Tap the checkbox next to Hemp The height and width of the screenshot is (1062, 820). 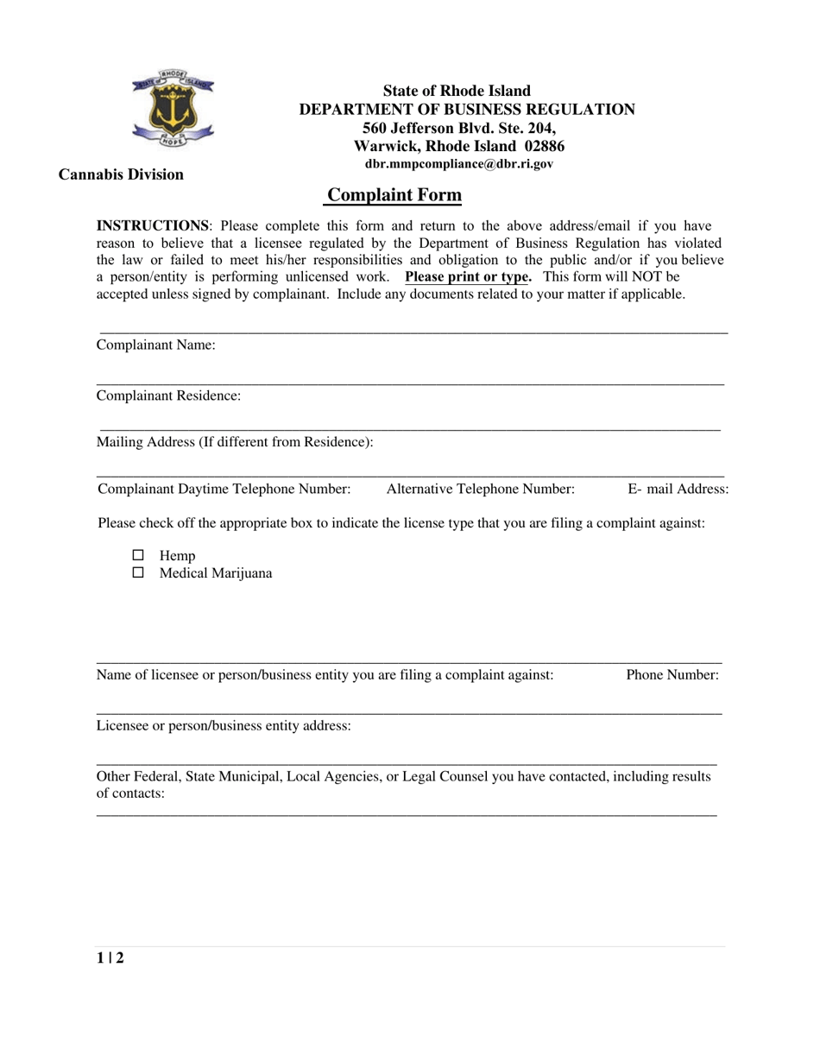coord(138,555)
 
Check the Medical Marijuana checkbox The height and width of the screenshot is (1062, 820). coord(138,572)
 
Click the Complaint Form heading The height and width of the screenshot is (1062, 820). coord(394,195)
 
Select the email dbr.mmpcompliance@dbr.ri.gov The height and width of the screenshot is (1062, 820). coord(459,162)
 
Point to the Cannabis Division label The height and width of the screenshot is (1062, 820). coord(121,174)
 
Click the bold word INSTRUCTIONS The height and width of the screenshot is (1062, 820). coord(152,226)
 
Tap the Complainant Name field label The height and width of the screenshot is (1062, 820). coord(155,345)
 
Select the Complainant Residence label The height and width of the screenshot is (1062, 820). coord(168,395)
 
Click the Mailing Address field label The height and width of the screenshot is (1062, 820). coord(235,442)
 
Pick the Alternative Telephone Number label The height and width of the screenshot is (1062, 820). coord(481,490)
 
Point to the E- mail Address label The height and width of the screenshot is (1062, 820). coord(678,490)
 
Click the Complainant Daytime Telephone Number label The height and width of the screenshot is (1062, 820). coord(224,490)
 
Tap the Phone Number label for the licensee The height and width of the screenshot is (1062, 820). coord(672,675)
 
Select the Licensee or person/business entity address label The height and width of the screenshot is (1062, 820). coord(224,725)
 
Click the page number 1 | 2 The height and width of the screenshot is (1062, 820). coord(110,958)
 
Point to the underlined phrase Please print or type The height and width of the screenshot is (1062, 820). coord(467,277)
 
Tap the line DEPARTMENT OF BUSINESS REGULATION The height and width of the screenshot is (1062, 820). coord(467,110)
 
